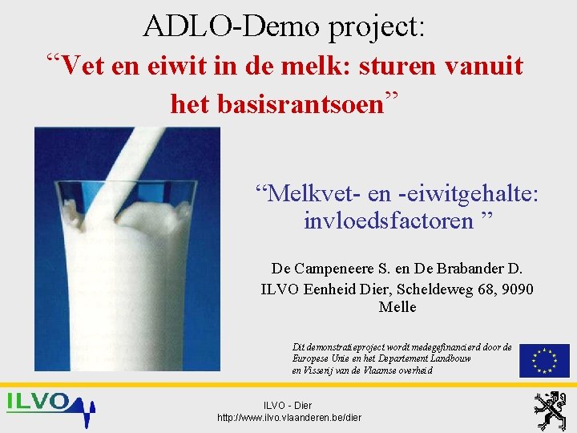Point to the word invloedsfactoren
pos(389,220)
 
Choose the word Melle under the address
pos(397,307)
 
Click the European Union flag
pos(544,360)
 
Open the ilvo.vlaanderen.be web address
pos(289,418)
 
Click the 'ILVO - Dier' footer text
pos(289,406)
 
